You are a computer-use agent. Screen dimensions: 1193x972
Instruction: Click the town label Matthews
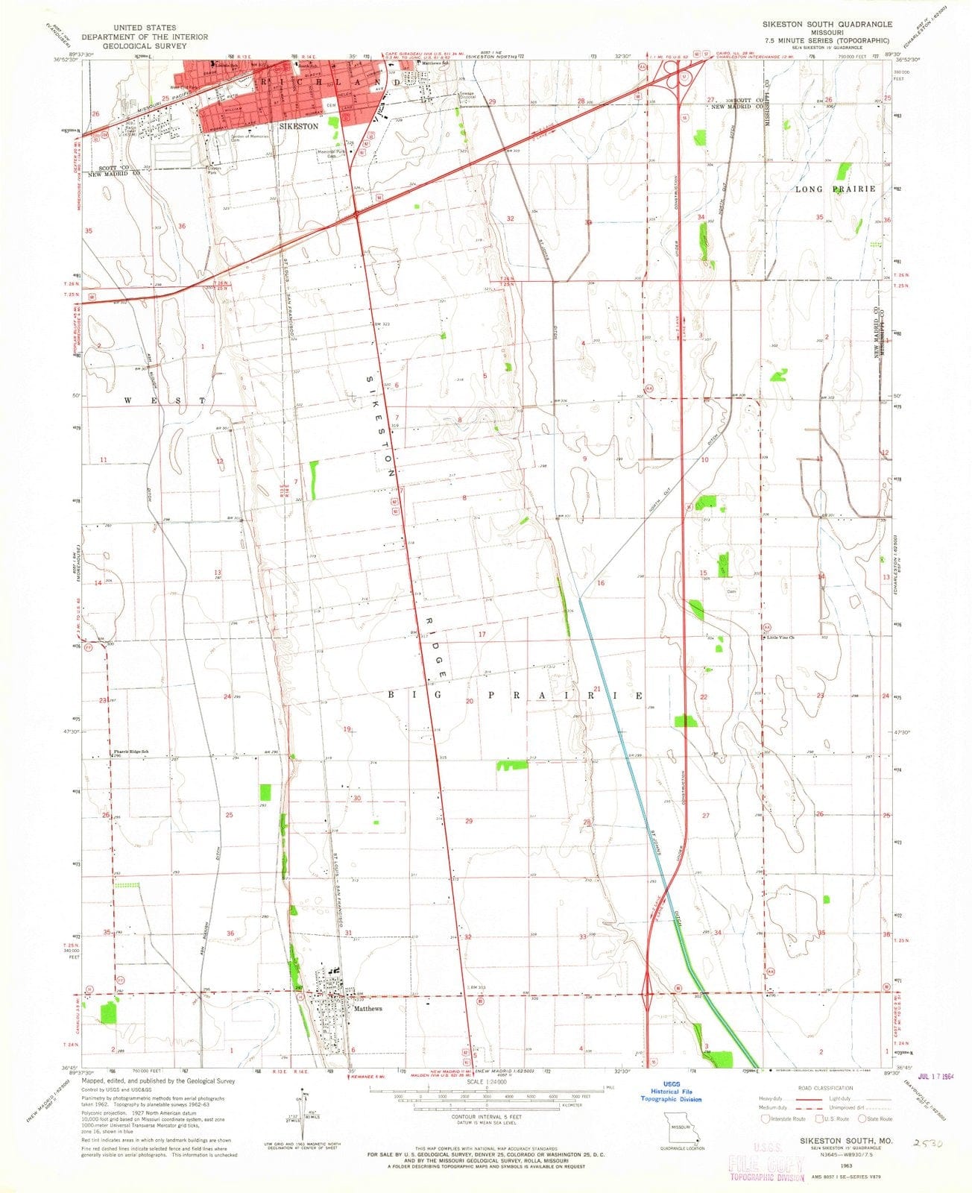pyautogui.click(x=368, y=1009)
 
